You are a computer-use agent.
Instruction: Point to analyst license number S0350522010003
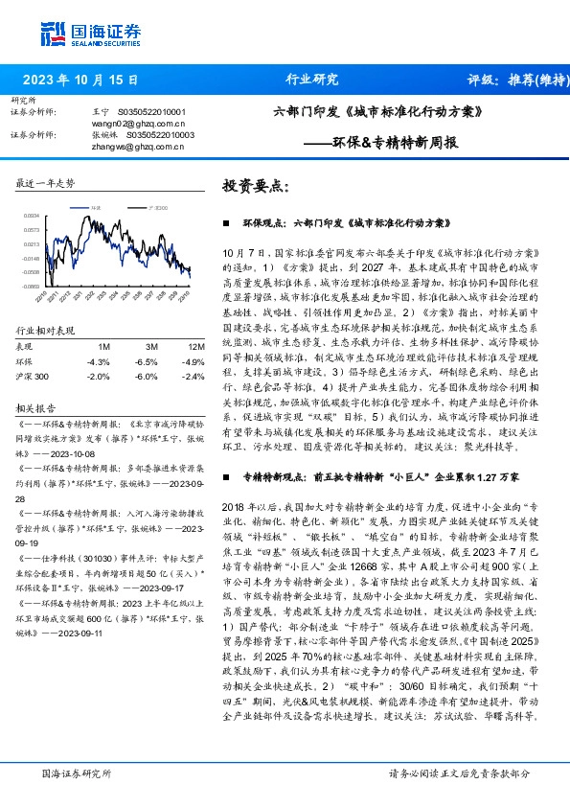(156, 134)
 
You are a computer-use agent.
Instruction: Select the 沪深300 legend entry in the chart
(157, 207)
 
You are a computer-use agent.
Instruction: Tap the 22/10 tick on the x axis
(40, 298)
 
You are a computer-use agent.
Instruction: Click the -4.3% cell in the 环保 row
(98, 361)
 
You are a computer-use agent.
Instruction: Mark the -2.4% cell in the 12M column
(195, 376)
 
